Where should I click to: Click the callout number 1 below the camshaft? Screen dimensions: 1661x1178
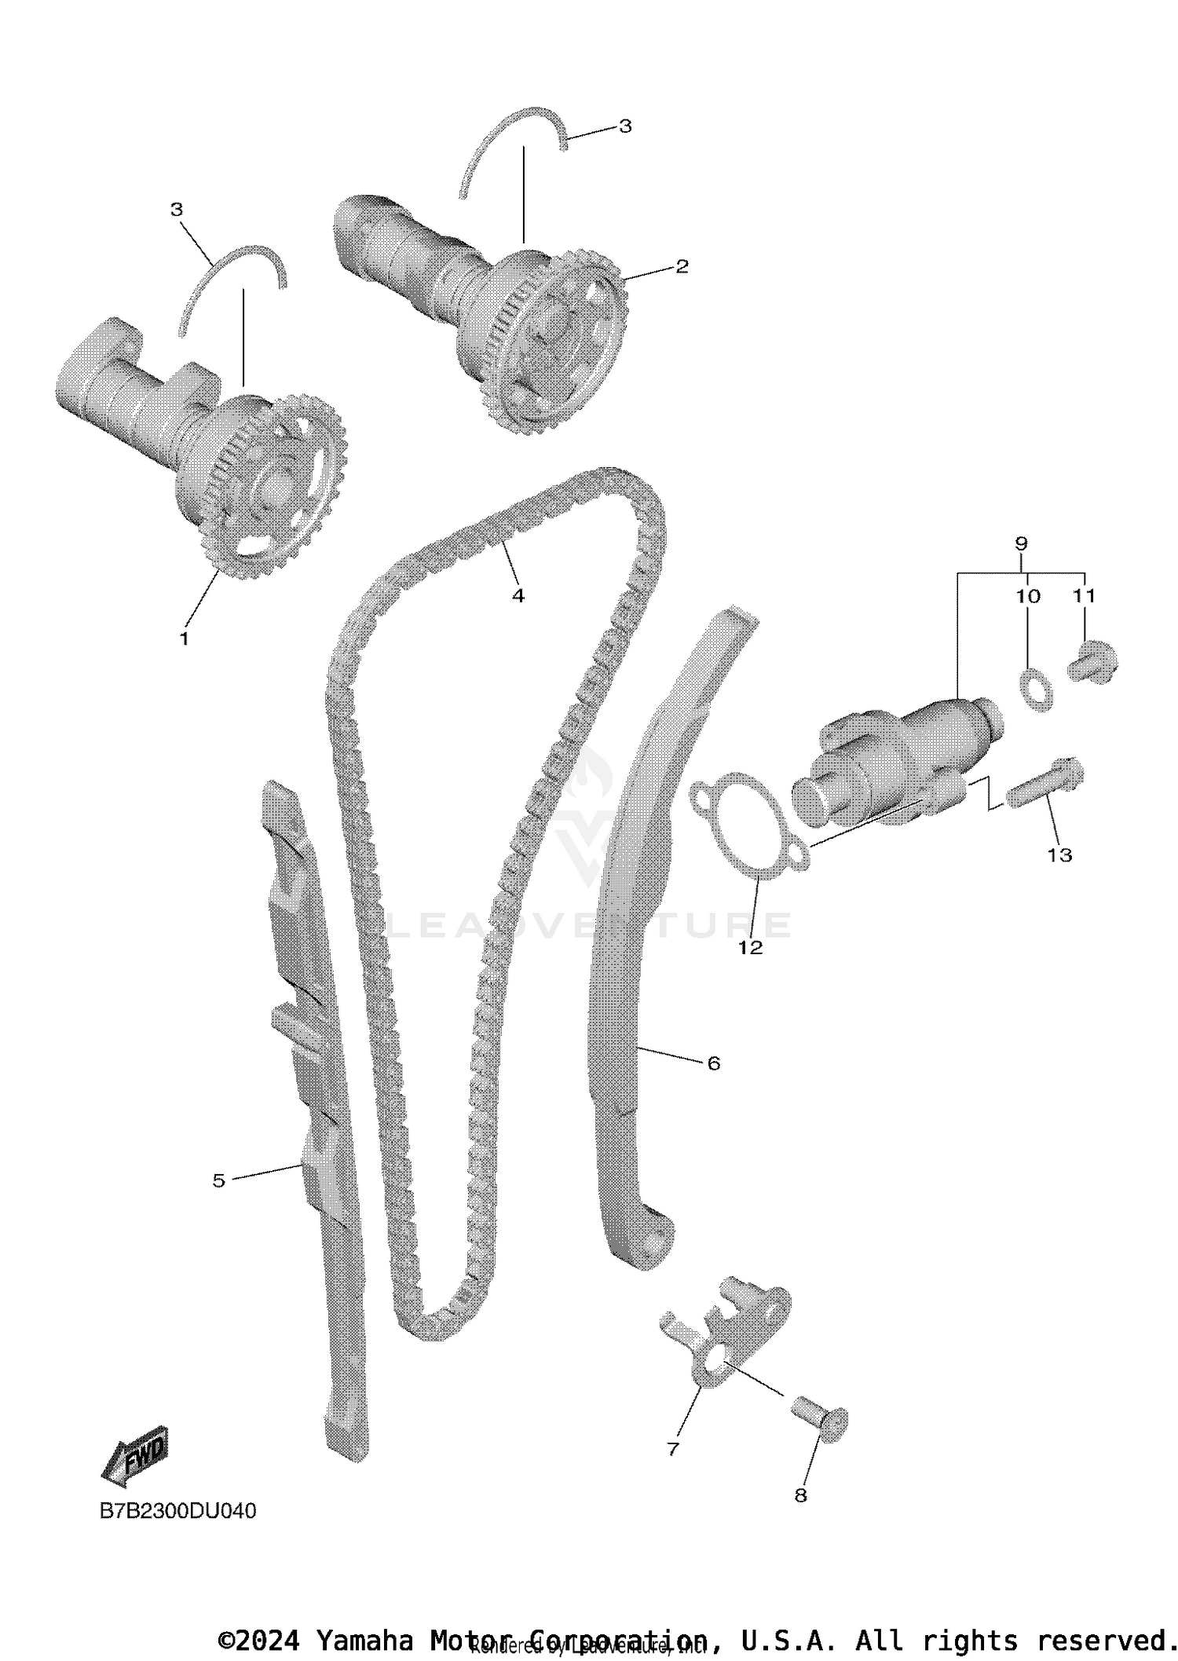coord(184,638)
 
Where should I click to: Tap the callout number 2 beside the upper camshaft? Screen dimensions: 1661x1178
coord(682,266)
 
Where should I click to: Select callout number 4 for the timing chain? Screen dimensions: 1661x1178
coord(518,595)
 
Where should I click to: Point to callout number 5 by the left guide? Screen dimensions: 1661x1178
coord(219,1180)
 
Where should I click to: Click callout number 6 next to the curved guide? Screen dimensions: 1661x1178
coord(713,1063)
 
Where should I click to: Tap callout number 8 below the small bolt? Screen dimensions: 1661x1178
coord(800,1495)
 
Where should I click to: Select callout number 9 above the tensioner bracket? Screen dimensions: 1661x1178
coord(1021,543)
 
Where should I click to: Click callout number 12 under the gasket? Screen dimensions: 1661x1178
coord(751,948)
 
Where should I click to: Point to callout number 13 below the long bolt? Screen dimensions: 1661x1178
coord(1059,854)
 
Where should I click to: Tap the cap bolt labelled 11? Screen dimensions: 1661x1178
coord(1093,664)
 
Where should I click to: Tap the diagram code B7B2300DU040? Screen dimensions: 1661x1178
coord(178,1511)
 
